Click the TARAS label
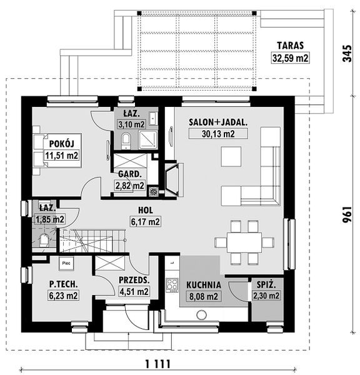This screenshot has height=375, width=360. coord(291,46)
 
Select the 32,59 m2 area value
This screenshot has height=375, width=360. coord(291,58)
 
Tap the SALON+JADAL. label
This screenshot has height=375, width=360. coord(218,122)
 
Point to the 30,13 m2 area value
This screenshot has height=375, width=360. coord(218,134)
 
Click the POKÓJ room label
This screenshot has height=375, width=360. coord(62,144)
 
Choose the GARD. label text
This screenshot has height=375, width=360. coord(130,174)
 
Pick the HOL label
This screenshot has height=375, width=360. coord(146,210)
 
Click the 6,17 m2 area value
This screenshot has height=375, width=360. coord(146,222)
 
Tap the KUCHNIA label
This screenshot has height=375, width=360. coord(204,285)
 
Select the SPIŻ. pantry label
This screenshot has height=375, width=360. coord(266,284)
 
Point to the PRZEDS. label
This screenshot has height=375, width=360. coord(134,280)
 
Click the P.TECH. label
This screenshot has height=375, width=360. coord(63,284)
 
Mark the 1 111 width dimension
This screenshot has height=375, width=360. coord(158,364)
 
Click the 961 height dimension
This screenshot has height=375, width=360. coord(347,214)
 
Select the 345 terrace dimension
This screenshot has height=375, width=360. coord(347,53)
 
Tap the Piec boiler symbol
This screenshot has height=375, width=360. coord(66,263)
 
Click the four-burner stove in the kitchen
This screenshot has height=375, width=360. coord(172,286)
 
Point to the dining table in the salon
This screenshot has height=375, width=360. coord(244,242)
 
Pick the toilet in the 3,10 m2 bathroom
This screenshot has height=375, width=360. coord(126,141)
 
